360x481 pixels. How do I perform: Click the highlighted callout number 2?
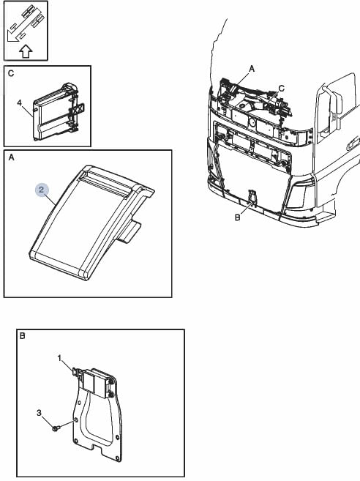42,190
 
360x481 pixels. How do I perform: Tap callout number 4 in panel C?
20,102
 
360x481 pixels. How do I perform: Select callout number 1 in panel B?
59,358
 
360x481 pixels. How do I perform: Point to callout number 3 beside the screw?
39,413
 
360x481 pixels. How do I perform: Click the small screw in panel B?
56,428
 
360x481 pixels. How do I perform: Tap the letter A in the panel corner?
12,157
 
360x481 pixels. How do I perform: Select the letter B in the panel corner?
22,336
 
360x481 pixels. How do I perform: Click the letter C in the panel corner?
11,74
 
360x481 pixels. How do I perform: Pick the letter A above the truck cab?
252,69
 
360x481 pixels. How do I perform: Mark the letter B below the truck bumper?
237,217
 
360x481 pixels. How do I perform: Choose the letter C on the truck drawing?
282,89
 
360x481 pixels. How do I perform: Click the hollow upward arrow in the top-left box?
26,51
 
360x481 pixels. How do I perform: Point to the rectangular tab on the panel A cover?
129,232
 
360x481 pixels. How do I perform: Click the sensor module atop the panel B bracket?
94,383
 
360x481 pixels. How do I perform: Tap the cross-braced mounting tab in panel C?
77,109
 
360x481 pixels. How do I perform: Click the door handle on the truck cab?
353,143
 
